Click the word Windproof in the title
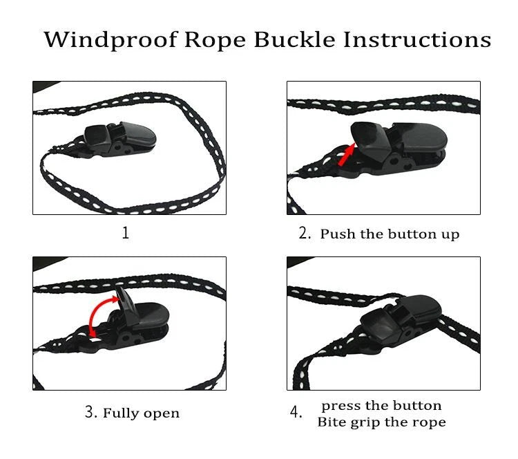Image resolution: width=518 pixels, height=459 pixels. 111,40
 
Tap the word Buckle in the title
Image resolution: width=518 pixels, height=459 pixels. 295,39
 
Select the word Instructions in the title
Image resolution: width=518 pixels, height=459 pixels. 417,39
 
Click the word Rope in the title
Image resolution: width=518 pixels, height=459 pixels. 215,40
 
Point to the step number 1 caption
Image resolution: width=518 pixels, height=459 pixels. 126,233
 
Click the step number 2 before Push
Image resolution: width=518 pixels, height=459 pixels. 305,233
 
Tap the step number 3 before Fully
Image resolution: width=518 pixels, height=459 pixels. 91,412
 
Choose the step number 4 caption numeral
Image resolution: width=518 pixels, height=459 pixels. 296,413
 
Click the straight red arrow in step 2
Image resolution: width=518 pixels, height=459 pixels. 347,155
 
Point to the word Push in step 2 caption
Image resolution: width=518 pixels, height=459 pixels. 338,234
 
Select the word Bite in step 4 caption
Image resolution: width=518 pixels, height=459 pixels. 331,422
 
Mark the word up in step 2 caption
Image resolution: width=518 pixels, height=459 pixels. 450,236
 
